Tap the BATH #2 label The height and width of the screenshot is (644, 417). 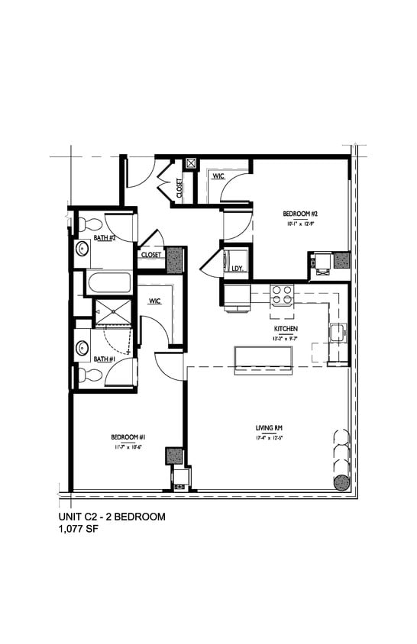coord(105,238)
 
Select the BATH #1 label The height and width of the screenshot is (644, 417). coord(105,359)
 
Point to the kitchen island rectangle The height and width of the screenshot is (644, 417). coord(263,358)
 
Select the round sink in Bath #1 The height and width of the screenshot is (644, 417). coord(82,348)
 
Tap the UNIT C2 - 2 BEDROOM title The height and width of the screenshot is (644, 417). coord(112,517)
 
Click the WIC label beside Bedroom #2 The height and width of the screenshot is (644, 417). coord(218,176)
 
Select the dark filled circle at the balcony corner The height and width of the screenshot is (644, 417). coord(341,481)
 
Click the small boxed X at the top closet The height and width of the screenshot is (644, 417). coord(191,163)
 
